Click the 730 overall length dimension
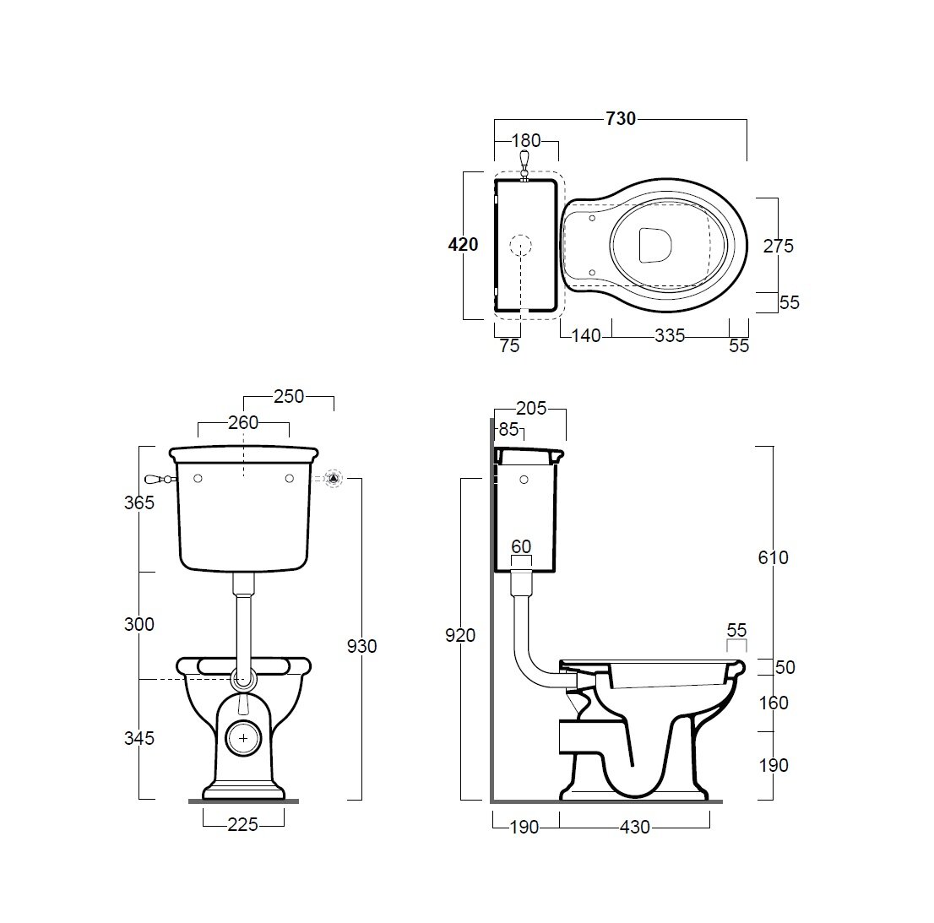621,119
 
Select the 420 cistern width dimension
464,245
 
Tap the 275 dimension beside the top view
778,246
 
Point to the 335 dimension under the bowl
669,336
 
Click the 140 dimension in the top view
585,336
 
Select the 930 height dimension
362,646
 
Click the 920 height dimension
462,636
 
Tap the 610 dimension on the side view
773,557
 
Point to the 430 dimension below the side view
634,828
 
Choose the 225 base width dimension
242,825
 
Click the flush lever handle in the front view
157,478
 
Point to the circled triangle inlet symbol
334,478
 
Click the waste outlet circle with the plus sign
243,738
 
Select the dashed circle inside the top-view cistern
521,245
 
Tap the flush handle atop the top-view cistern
524,163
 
